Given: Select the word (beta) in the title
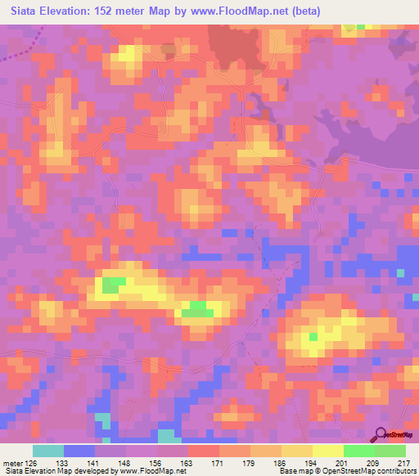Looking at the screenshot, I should [x=303, y=11].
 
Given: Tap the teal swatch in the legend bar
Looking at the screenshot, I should [x=48, y=451].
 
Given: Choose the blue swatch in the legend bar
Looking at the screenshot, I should [x=79, y=451].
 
